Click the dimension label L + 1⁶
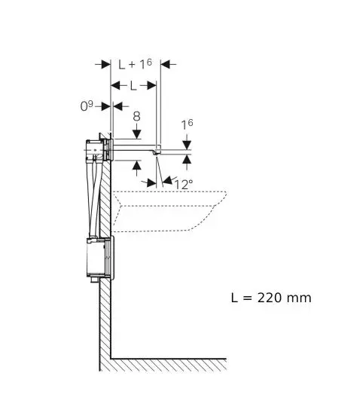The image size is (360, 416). click(x=135, y=64)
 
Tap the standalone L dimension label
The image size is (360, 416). click(x=133, y=86)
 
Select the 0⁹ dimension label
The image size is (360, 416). click(x=87, y=106)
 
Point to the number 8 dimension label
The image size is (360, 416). click(x=136, y=116)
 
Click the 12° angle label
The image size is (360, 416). click(x=184, y=184)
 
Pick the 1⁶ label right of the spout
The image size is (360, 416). click(x=188, y=124)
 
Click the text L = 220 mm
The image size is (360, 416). click(x=271, y=298)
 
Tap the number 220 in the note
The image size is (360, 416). click(x=270, y=298)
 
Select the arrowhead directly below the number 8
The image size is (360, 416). click(x=136, y=134)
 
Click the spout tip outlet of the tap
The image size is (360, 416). click(x=156, y=152)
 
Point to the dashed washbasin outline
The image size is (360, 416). click(x=169, y=212)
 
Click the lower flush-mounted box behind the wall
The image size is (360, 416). click(x=100, y=258)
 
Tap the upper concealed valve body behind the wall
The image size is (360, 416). click(x=99, y=150)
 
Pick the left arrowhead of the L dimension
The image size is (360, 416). click(x=115, y=86)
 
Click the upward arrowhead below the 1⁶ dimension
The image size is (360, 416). click(x=187, y=160)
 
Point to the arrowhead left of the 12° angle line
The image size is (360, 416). click(x=151, y=183)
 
